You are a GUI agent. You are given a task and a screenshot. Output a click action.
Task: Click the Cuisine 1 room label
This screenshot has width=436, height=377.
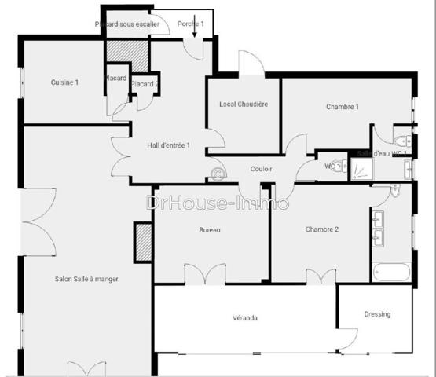pyautogui.click(x=65, y=82)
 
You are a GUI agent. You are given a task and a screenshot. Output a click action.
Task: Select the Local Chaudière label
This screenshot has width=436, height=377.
pyautogui.click(x=244, y=104)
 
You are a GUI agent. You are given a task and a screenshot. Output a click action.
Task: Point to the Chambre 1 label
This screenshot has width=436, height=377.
pyautogui.click(x=342, y=107)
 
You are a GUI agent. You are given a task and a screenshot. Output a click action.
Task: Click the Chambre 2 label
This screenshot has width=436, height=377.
pyautogui.click(x=322, y=229)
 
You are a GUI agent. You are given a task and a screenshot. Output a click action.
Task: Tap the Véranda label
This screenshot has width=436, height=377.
pyautogui.click(x=245, y=318)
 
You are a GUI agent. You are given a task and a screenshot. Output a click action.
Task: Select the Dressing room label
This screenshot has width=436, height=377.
pyautogui.click(x=377, y=314)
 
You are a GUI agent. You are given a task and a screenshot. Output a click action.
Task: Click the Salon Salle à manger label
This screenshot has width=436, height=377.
pyautogui.click(x=86, y=279)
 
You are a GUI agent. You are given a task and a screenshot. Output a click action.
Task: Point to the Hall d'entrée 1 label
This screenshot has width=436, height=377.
pyautogui.click(x=169, y=145)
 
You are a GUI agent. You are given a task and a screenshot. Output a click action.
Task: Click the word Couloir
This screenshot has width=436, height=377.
pyautogui.click(x=262, y=169)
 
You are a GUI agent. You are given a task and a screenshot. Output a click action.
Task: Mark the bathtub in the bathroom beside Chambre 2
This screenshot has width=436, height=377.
pyautogui.click(x=390, y=272)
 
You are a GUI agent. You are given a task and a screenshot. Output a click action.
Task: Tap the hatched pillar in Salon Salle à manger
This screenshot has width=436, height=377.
pyautogui.click(x=143, y=241)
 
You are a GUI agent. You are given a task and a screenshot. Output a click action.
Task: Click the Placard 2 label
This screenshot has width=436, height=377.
pyautogui.click(x=145, y=84)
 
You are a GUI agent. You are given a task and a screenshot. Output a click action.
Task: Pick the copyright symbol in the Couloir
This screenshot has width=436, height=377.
pyautogui.click(x=218, y=174)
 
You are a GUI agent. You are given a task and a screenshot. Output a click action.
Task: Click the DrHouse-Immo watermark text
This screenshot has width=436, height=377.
pyautogui.click(x=218, y=203)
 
